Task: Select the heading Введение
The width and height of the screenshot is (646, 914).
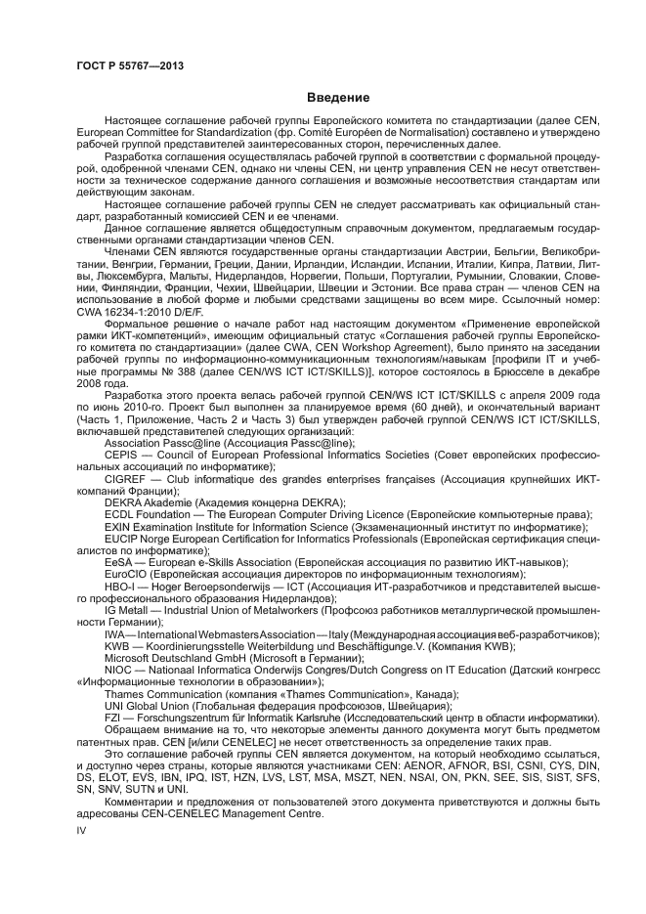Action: [x=338, y=98]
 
